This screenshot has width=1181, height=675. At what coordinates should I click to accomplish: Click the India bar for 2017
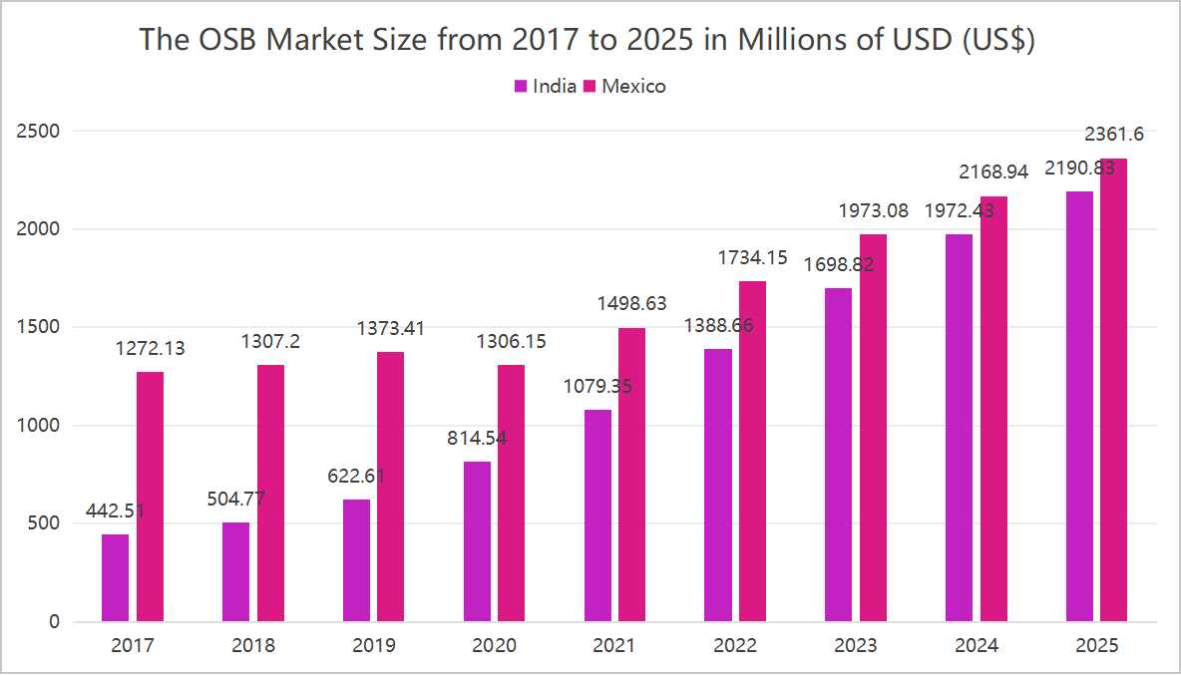tap(115, 578)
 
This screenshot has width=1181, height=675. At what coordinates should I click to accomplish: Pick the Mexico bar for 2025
tap(1113, 390)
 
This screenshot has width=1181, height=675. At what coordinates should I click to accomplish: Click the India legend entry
tap(546, 86)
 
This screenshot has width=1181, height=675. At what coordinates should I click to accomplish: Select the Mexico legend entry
tap(624, 86)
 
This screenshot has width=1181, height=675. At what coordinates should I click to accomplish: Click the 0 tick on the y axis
tap(54, 622)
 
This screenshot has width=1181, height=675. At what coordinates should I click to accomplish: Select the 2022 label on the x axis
tap(734, 646)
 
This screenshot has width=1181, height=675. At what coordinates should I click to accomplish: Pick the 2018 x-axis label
tap(253, 646)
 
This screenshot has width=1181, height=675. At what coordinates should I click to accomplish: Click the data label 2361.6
tap(1113, 134)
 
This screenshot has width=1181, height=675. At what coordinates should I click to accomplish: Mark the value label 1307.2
tap(270, 342)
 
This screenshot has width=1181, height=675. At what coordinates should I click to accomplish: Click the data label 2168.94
tap(993, 172)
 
